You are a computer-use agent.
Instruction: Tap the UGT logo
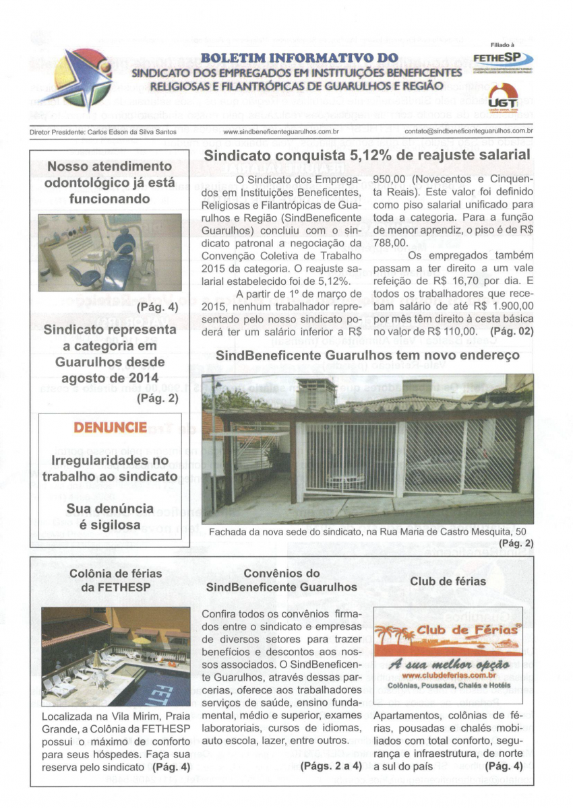tap(500, 98)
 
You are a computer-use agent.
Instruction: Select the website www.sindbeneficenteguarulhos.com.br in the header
tap(280, 131)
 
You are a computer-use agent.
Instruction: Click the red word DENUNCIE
tap(109, 428)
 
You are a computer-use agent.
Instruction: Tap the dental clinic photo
tap(109, 252)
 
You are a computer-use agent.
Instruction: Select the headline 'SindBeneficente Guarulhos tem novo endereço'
tap(367, 354)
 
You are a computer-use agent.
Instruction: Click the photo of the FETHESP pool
tap(115, 656)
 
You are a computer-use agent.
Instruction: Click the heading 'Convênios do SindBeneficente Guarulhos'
tap(281, 580)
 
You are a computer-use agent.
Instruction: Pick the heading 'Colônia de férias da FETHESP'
tap(116, 580)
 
